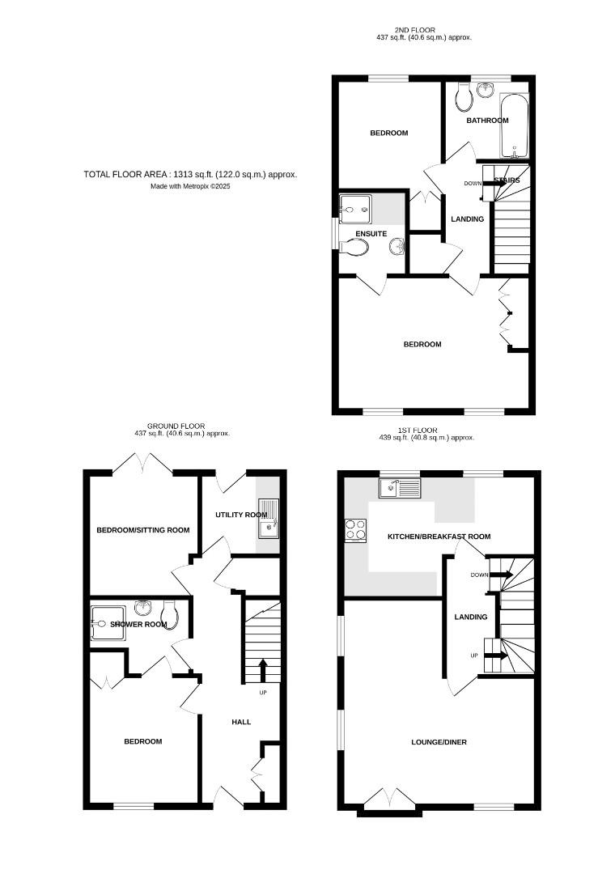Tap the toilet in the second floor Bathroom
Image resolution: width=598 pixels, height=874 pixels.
464,98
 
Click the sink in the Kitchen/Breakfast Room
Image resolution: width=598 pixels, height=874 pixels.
400,488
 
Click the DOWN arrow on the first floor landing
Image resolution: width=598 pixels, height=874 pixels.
501,575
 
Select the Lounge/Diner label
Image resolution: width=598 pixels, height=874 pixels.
439,742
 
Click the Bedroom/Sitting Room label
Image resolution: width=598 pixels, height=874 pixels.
143,530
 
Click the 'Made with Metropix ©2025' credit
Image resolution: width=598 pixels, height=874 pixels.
190,186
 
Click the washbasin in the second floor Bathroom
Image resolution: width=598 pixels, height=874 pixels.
487,90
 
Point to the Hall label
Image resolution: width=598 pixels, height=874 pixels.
241,722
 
